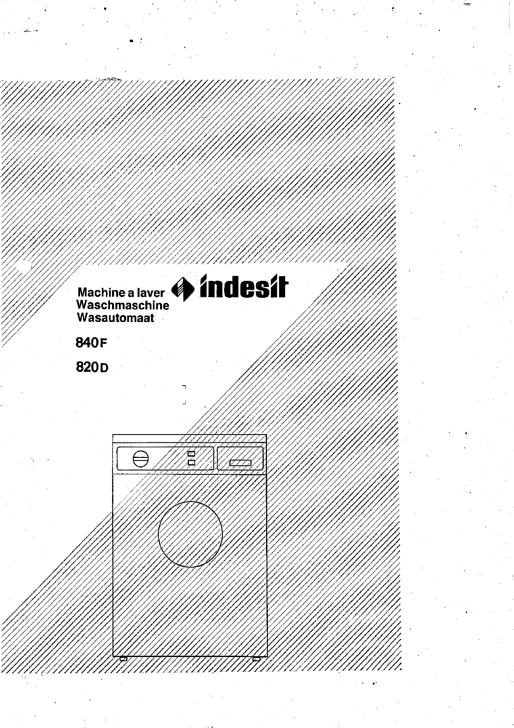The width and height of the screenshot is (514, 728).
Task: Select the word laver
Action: (151, 293)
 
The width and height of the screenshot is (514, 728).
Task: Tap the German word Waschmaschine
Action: (123, 305)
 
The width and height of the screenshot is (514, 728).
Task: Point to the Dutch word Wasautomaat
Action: (116, 318)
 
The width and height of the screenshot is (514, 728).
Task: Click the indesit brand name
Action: (244, 287)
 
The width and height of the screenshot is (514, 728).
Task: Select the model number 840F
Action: (91, 342)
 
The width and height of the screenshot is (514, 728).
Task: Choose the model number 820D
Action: (92, 367)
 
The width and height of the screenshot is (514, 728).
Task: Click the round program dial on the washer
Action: (141, 459)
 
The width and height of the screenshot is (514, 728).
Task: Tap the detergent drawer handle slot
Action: (241, 463)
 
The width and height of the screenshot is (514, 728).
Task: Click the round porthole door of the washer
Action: (190, 534)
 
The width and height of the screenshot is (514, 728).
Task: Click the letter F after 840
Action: (103, 344)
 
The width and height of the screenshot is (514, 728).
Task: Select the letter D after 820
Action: (104, 368)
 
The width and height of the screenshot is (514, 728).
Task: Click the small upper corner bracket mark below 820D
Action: (184, 387)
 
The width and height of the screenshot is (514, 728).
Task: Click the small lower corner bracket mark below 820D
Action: (184, 403)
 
